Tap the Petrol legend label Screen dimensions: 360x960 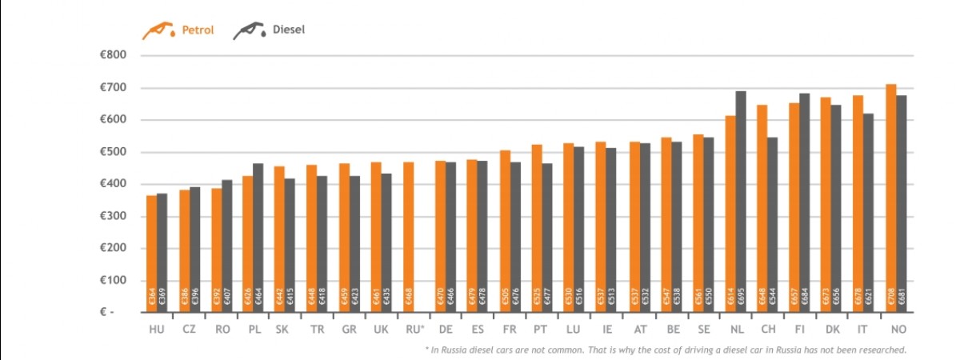(x=197, y=30)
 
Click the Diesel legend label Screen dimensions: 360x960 (x=288, y=30)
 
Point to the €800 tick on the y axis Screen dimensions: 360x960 (x=111, y=55)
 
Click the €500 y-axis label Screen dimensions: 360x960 (x=111, y=152)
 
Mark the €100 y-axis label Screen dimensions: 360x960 (x=111, y=280)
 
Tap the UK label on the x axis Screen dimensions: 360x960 (x=382, y=330)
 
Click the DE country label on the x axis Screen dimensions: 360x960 (x=446, y=330)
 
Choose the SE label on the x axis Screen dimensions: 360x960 (x=702, y=330)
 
